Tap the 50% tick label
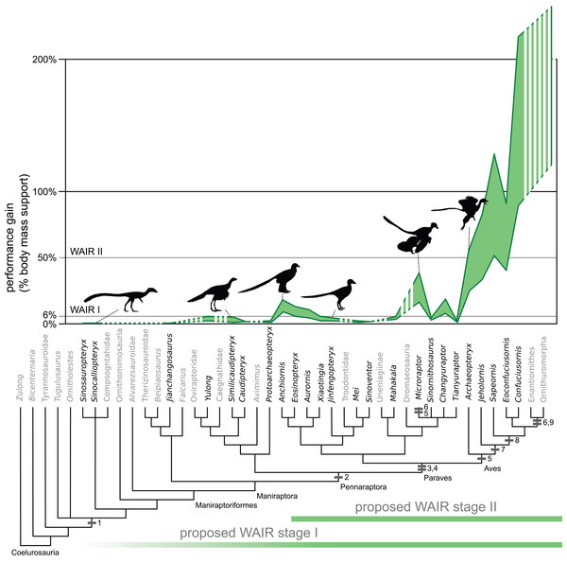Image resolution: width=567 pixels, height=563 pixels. tap(51, 257)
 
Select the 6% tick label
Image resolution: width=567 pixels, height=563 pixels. tap(54, 315)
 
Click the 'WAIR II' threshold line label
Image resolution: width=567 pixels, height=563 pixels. tap(87, 253)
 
